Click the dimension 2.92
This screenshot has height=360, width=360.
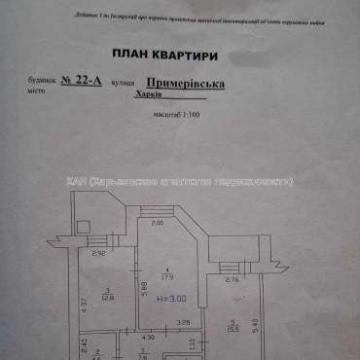pos(97,255)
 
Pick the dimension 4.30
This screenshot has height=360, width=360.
pos(150,337)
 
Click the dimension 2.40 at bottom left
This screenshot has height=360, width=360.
pos(85,345)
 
